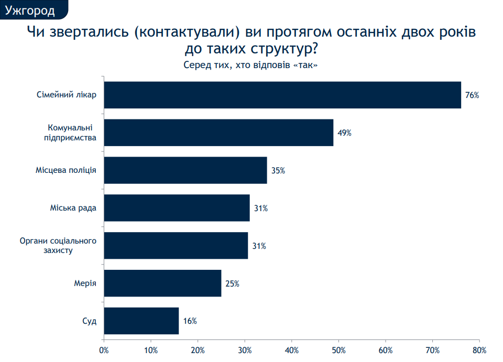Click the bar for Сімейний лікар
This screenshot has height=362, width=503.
(282, 95)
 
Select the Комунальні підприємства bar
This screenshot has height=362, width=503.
(218, 133)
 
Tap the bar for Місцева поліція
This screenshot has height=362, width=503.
(185, 170)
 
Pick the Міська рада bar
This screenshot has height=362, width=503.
(177, 208)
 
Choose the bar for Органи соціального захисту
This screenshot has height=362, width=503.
(176, 246)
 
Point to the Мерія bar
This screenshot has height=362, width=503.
(163, 283)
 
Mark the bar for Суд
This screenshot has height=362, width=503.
(141, 321)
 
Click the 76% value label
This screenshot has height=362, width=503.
(472, 95)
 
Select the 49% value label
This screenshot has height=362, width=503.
(344, 133)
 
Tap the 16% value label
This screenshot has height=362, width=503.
(190, 321)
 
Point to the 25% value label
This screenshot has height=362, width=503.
(232, 283)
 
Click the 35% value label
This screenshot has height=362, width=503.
(278, 171)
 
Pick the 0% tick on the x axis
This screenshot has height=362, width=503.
(104, 349)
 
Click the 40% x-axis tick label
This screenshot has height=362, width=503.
(292, 349)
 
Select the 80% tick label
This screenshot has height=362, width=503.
(479, 349)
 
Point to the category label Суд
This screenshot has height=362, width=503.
(90, 321)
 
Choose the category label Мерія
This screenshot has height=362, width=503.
(85, 283)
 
